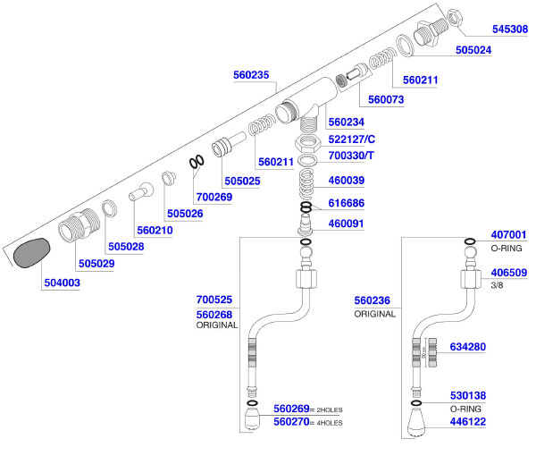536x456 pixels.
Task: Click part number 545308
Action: click(x=508, y=29)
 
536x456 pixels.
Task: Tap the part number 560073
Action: click(x=383, y=99)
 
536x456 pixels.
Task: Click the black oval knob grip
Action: click(x=31, y=252)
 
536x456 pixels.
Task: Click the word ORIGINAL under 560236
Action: click(x=373, y=315)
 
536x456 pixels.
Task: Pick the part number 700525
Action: click(x=214, y=300)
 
